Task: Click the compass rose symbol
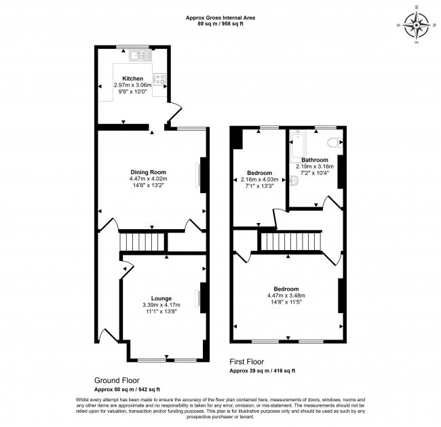[416, 28]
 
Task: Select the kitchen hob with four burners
[161, 79]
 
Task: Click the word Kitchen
[133, 78]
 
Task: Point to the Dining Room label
[148, 171]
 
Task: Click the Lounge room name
[161, 298]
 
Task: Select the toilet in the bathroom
[332, 142]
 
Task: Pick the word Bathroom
[315, 160]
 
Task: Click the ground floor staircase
[133, 241]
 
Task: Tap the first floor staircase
[290, 241]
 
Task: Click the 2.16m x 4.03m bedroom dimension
[259, 180]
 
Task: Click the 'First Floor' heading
[246, 362]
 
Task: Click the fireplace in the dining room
[201, 175]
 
